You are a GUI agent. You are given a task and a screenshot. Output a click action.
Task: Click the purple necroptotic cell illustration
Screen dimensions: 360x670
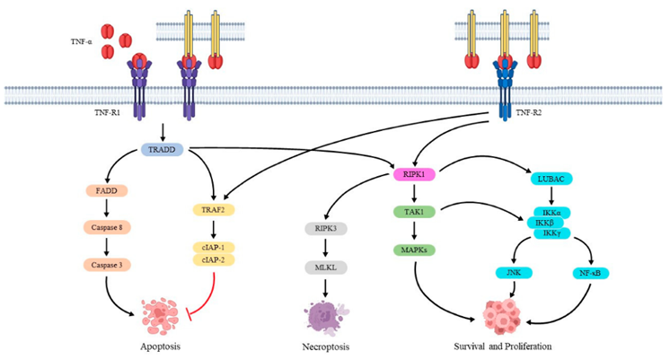[x=322, y=314]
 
